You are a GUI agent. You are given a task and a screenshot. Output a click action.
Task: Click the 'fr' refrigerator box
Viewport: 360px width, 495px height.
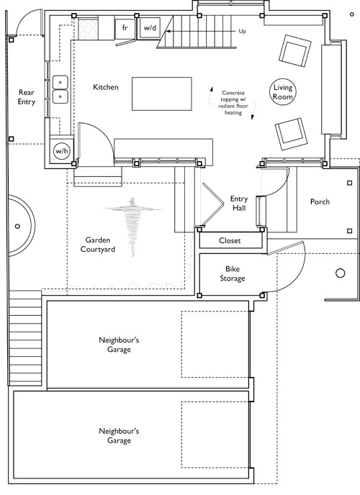pyautogui.click(x=125, y=28)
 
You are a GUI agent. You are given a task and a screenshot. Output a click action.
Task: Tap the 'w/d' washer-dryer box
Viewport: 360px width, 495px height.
pyautogui.click(x=150, y=28)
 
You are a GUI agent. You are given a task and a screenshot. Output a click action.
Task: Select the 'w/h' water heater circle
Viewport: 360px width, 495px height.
pyautogui.click(x=62, y=151)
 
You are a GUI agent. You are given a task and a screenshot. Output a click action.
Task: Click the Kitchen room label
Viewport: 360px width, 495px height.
pyautogui.click(x=105, y=87)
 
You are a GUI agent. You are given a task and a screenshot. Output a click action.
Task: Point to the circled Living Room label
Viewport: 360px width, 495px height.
pyautogui.click(x=283, y=92)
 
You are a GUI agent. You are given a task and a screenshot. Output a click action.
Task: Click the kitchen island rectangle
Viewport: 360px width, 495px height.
pyautogui.click(x=162, y=94)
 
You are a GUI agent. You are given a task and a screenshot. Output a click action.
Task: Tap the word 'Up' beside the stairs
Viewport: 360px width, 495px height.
pyautogui.click(x=242, y=31)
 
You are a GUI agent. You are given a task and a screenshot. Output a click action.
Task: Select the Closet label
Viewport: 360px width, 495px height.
pyautogui.click(x=230, y=240)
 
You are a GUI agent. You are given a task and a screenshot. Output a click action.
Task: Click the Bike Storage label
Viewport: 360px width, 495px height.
pyautogui.click(x=233, y=273)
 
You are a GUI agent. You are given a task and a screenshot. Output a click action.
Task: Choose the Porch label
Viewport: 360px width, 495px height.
pyautogui.click(x=320, y=201)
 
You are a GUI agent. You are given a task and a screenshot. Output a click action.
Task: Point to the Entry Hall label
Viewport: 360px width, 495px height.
pyautogui.click(x=239, y=204)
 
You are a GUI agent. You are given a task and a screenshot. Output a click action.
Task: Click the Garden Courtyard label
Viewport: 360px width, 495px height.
pyautogui.click(x=98, y=245)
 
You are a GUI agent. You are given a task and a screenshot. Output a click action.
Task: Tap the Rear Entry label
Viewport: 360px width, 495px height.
pyautogui.click(x=27, y=97)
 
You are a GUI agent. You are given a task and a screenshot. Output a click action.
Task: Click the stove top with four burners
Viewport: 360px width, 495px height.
pyautogui.click(x=88, y=29)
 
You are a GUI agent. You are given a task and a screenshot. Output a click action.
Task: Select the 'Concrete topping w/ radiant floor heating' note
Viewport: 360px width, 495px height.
pyautogui.click(x=233, y=103)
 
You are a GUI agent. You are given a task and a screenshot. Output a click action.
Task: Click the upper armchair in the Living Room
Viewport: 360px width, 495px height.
pyautogui.click(x=294, y=50)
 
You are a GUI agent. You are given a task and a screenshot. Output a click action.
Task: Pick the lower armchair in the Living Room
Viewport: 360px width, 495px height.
pyautogui.click(x=291, y=134)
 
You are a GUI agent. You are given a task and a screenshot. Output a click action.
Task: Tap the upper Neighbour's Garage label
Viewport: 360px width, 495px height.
pyautogui.click(x=119, y=345)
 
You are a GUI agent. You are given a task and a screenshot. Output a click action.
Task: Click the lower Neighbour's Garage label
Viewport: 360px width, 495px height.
pyautogui.click(x=119, y=436)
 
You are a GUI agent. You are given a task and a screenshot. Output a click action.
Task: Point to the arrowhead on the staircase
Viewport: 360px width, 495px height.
pyautogui.click(x=168, y=31)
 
